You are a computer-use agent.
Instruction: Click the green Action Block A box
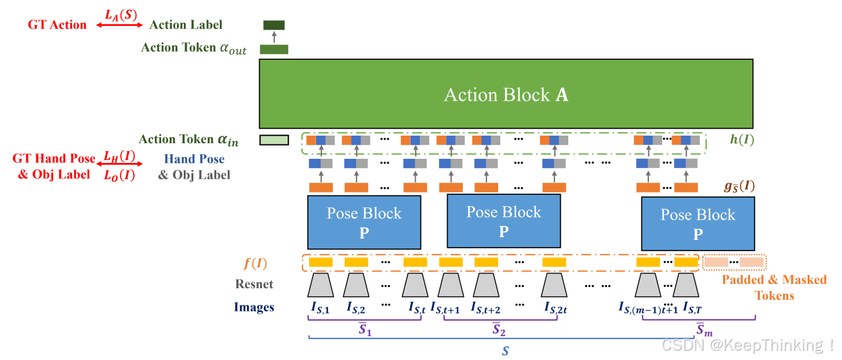(x=506, y=94)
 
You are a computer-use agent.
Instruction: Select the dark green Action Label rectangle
(x=274, y=25)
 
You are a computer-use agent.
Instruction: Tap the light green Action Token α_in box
(x=274, y=140)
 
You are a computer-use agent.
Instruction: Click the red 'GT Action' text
(x=57, y=25)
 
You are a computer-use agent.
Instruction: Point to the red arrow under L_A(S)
(x=119, y=25)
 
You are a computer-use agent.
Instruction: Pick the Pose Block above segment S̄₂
(x=504, y=221)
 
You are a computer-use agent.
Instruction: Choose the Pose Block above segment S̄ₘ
(x=698, y=224)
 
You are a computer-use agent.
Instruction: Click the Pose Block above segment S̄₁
(x=364, y=223)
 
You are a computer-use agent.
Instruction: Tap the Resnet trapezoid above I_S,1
(x=321, y=285)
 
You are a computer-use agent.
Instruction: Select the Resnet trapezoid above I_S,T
(x=686, y=285)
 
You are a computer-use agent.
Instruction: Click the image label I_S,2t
(x=556, y=308)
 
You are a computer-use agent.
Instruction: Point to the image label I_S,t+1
(x=445, y=308)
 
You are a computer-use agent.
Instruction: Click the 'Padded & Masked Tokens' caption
(x=774, y=288)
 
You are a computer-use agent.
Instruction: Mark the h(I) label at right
(x=742, y=140)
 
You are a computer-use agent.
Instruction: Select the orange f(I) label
(x=255, y=263)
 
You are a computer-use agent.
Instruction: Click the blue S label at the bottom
(x=505, y=351)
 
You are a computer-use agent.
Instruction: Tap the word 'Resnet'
(x=254, y=284)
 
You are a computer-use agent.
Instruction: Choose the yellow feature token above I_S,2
(x=357, y=262)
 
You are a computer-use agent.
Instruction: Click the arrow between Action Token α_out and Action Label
(x=274, y=37)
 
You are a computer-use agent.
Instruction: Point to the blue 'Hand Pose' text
(x=194, y=159)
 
